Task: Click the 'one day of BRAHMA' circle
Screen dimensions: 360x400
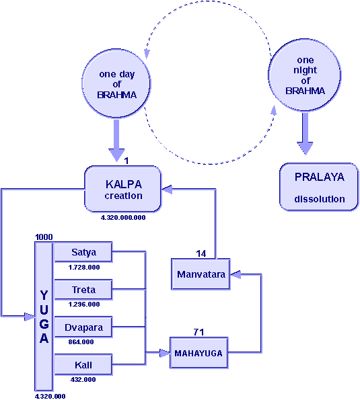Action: click(x=116, y=83)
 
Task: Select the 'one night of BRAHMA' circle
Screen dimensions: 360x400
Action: click(x=305, y=75)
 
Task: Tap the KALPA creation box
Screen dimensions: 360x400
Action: click(x=123, y=189)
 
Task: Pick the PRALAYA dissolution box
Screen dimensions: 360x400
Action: click(x=319, y=187)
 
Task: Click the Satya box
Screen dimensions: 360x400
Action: click(x=83, y=252)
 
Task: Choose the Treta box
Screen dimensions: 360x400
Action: click(x=83, y=290)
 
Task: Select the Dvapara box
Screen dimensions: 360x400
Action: click(x=83, y=327)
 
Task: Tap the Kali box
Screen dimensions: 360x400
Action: click(x=83, y=365)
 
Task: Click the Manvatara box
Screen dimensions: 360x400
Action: click(x=201, y=274)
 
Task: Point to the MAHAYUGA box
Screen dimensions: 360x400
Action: click(x=199, y=353)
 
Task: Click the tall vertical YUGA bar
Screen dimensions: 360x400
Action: click(x=44, y=317)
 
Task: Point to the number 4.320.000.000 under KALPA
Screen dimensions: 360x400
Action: click(x=123, y=218)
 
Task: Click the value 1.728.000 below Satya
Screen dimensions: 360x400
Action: click(x=84, y=268)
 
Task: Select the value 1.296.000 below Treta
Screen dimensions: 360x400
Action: click(x=84, y=305)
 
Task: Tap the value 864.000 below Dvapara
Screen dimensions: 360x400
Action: click(x=81, y=342)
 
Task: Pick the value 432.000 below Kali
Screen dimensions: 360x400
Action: click(x=83, y=380)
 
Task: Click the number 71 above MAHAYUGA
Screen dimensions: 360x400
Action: click(x=199, y=332)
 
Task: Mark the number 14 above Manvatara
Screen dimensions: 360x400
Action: click(x=201, y=253)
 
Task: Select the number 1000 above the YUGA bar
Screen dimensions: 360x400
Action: click(x=44, y=237)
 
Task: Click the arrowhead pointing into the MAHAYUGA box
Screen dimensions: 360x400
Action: click(x=165, y=353)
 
